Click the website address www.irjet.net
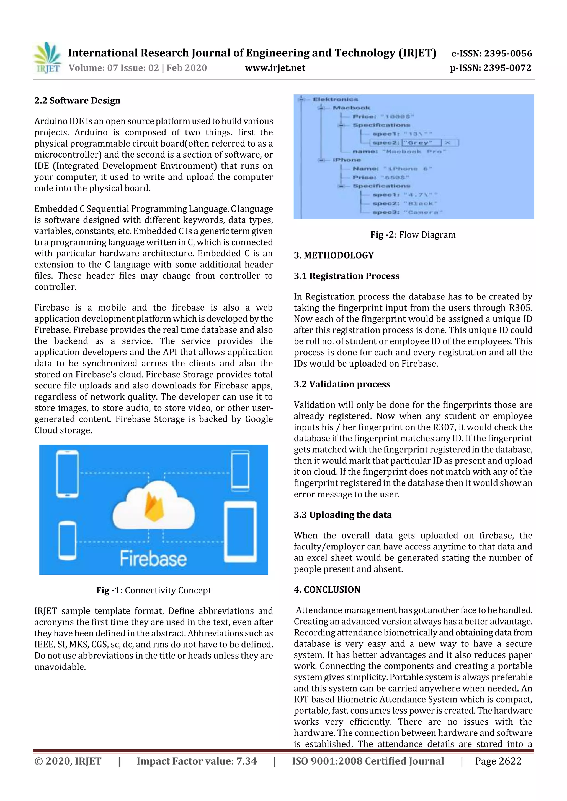275,68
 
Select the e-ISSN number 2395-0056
507,53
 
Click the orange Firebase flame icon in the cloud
154,507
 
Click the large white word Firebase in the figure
153,559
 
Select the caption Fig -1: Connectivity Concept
154,590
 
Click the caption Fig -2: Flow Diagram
413,235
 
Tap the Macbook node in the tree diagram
351,108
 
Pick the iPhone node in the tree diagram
347,160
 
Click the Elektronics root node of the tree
335,100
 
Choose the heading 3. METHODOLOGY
334,255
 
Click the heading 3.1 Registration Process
346,276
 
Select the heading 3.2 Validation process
342,384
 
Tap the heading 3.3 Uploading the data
343,515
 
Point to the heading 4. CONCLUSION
327,589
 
